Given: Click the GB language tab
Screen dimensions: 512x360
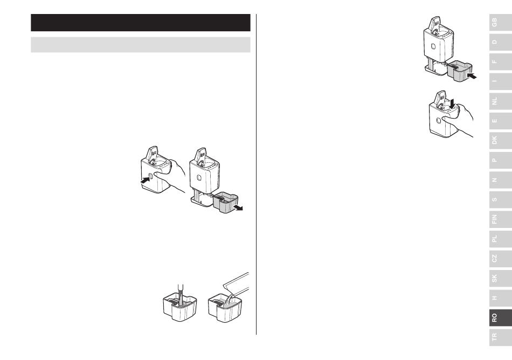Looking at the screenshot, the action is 500,23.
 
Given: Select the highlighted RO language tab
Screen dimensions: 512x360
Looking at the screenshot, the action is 500,317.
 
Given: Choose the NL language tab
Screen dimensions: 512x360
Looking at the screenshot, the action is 500,101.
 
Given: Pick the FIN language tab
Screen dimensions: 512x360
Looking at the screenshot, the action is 500,219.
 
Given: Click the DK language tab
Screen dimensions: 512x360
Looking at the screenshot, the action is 500,140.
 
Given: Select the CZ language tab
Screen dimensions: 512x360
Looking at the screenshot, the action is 500,259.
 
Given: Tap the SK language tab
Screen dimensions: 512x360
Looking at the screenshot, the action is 500,278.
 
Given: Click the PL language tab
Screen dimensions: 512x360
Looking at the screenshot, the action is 500,239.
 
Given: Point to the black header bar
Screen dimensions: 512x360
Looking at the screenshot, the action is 141,23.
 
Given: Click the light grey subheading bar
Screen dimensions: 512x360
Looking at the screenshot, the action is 141,45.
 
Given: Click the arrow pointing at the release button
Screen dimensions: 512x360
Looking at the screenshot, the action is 146,179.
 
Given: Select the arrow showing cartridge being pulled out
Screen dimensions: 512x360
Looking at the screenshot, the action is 238,207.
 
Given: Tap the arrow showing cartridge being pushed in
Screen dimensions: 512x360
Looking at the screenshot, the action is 472,76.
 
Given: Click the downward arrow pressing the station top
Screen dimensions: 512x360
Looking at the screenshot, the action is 452,104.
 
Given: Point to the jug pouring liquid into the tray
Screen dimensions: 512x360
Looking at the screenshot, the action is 236,284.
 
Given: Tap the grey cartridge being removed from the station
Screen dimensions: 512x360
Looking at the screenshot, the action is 226,203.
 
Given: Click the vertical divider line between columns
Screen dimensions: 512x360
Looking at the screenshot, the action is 257,174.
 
